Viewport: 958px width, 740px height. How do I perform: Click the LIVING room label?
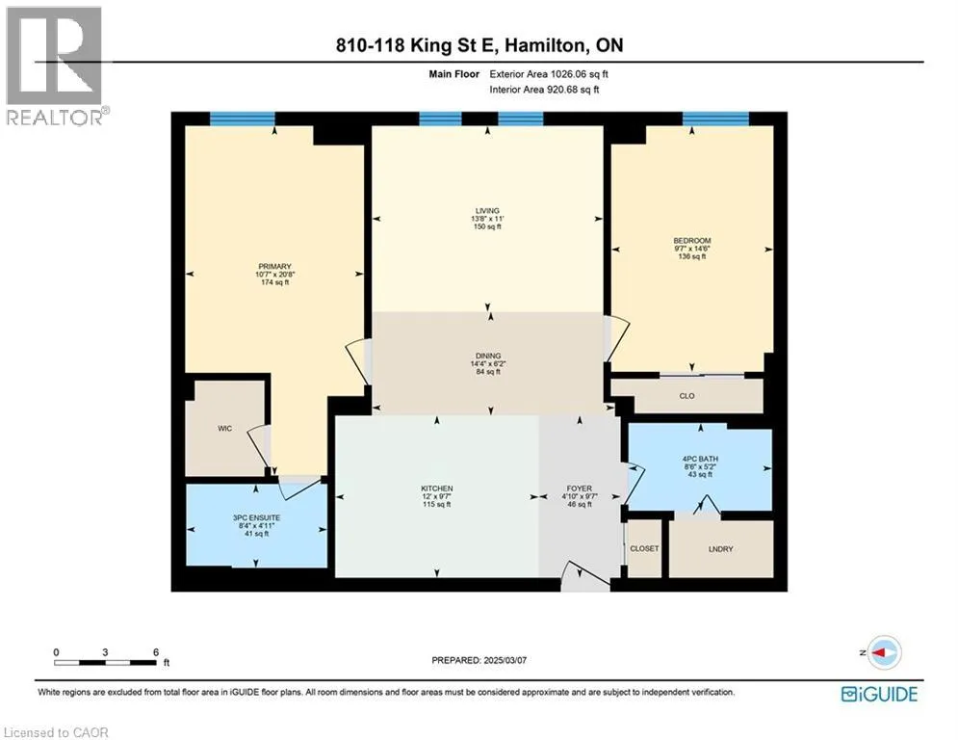pyautogui.click(x=487, y=211)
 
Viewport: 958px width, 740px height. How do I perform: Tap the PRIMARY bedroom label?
pyautogui.click(x=274, y=267)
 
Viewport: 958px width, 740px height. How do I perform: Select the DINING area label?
pyautogui.click(x=488, y=356)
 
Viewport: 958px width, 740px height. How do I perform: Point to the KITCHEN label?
pyautogui.click(x=437, y=489)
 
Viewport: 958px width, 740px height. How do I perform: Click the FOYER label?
pyautogui.click(x=580, y=489)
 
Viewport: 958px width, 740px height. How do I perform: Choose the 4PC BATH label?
pyautogui.click(x=700, y=459)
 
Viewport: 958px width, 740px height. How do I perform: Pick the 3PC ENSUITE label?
pyautogui.click(x=257, y=518)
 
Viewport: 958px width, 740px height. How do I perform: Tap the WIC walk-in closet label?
pyautogui.click(x=225, y=429)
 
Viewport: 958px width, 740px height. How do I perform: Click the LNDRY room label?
pyautogui.click(x=721, y=549)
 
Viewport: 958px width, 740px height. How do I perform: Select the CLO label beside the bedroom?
pyautogui.click(x=686, y=396)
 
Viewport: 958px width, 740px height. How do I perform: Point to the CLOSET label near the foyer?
pyautogui.click(x=644, y=548)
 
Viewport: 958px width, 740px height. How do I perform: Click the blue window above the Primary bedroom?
pyautogui.click(x=243, y=119)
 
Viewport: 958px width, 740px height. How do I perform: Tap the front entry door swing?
pyautogui.click(x=585, y=575)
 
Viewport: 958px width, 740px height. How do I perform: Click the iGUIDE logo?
pyautogui.click(x=879, y=694)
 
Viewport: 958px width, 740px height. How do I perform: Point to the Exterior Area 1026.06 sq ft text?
pyautogui.click(x=549, y=74)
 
